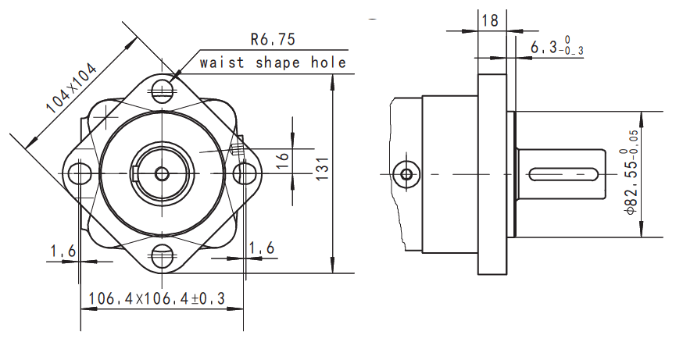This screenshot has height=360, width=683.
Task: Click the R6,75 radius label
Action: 273,38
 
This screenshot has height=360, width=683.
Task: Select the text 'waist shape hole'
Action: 272,62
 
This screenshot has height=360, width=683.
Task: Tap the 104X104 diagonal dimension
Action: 71,88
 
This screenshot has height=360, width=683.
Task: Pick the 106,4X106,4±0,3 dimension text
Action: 156,298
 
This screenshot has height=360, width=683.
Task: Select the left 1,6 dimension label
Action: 63,251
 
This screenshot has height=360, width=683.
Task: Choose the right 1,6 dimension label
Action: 261,248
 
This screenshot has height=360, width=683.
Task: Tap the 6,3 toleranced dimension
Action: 556,47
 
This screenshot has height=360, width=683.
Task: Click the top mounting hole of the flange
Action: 163,91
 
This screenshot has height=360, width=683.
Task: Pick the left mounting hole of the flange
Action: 78,172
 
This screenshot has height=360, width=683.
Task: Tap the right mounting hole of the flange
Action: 245,172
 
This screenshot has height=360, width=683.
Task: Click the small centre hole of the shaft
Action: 163,173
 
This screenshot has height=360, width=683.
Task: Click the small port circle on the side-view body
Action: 406,172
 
